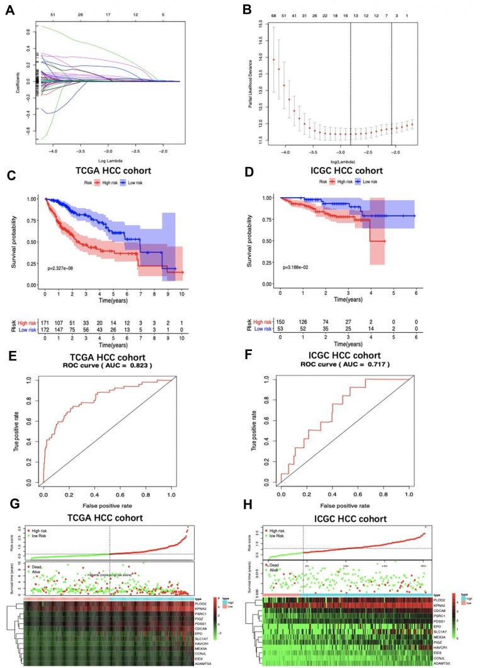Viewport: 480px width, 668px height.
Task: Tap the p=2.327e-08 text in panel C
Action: tap(69, 268)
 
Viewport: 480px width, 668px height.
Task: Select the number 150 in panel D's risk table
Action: tap(281, 321)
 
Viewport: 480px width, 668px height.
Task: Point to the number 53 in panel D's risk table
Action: tap(281, 328)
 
